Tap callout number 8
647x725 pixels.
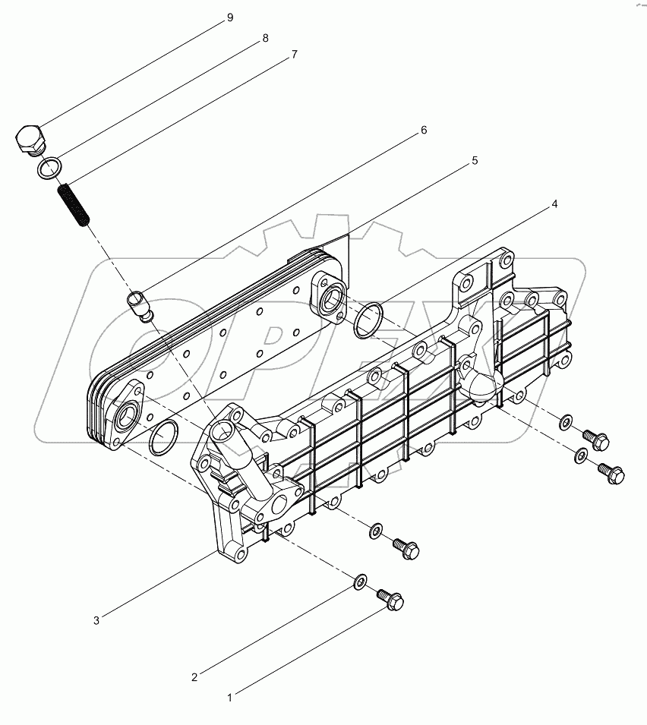point(265,38)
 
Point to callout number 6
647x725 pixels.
point(424,131)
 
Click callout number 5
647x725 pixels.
point(474,160)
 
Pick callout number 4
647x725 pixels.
point(555,204)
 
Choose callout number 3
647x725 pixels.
point(96,620)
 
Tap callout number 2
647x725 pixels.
point(194,676)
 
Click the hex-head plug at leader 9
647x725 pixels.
point(30,140)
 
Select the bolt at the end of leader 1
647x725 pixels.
point(390,600)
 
